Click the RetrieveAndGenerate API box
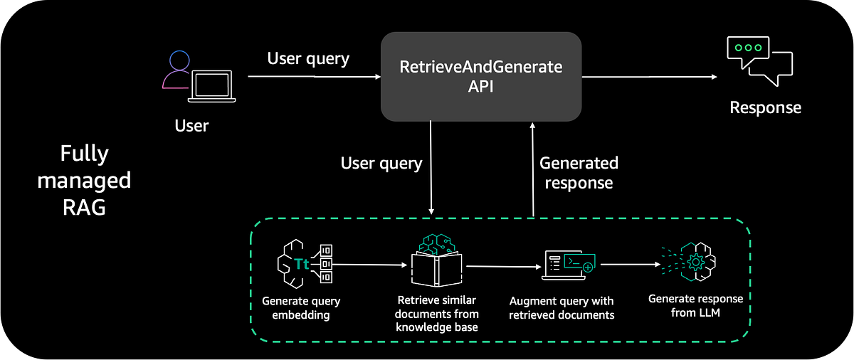click(481, 77)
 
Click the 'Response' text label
click(765, 108)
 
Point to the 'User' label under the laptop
click(191, 127)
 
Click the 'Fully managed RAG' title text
click(84, 181)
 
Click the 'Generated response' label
click(578, 172)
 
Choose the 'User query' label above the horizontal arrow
click(308, 58)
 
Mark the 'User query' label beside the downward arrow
click(381, 164)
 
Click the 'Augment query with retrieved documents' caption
click(562, 308)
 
